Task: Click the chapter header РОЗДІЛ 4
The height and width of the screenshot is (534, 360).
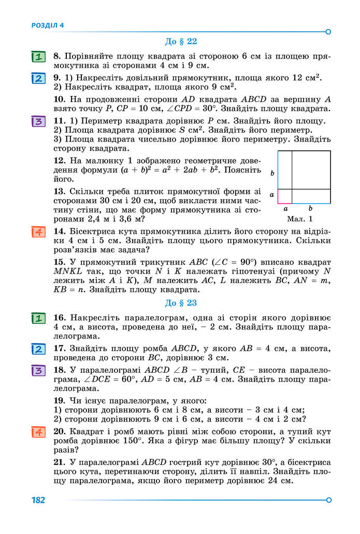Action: [47, 25]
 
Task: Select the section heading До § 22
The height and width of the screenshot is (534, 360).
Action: [181, 41]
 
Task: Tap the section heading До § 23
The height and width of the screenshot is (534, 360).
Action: [181, 303]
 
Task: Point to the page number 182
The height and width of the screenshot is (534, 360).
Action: [38, 500]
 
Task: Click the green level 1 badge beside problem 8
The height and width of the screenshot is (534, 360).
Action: [38, 57]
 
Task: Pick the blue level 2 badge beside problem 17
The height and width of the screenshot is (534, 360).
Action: [38, 348]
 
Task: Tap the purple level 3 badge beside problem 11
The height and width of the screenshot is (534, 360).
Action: [38, 122]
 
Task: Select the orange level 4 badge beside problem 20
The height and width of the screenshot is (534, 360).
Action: [38, 432]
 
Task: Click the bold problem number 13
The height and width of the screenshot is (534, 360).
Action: [59, 191]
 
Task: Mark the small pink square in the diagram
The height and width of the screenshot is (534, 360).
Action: [285, 196]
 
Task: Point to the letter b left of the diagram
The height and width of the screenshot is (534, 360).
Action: [272, 173]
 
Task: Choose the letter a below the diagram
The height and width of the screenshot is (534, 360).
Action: [285, 208]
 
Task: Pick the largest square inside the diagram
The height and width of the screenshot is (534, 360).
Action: [311, 170]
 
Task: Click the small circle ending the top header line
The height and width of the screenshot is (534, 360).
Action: [328, 32]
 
